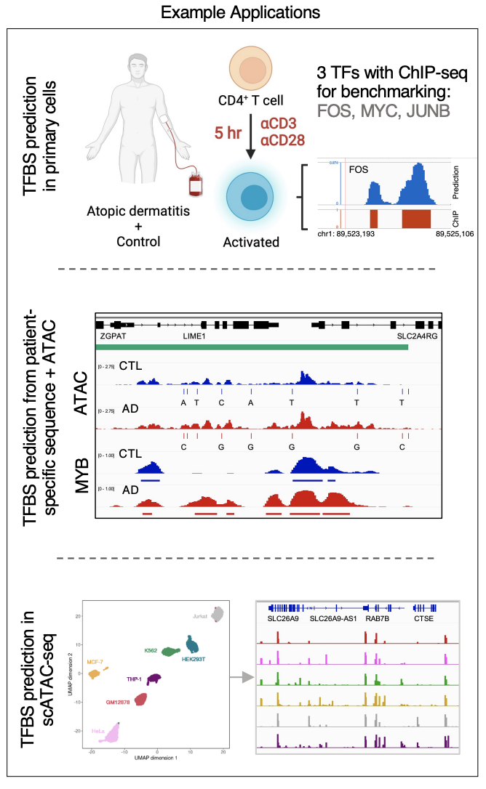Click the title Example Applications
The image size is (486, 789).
pos(242,12)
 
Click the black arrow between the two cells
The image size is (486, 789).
pos(250,140)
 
